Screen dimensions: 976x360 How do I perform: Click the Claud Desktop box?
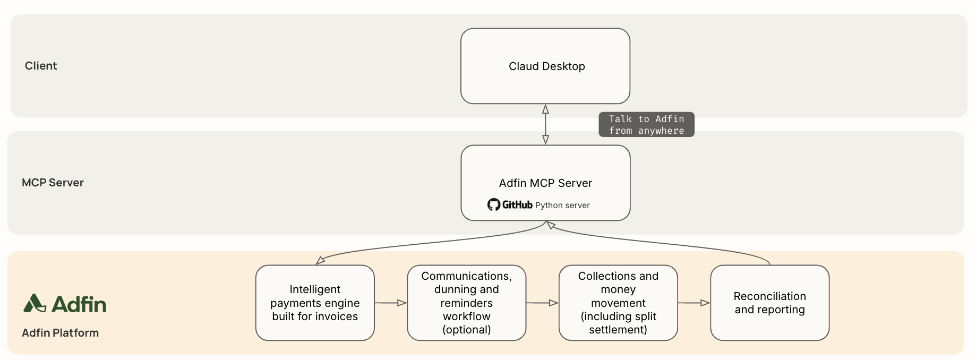point(545,66)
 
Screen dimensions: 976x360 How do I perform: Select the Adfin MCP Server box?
point(545,183)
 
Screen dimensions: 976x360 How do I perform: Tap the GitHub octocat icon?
point(494,205)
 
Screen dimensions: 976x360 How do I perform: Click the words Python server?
point(562,205)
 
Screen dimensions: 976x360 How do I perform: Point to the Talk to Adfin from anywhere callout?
point(646,125)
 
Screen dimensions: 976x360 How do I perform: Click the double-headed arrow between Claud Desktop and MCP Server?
point(545,124)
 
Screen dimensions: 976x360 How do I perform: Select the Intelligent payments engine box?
point(315,303)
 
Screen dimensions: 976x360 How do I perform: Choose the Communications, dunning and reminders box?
point(467,303)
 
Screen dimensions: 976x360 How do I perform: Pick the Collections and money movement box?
point(618,303)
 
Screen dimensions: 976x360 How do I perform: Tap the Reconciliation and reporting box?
point(770,303)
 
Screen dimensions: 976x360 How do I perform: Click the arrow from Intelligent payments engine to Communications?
point(391,303)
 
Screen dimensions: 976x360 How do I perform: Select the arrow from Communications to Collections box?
point(542,303)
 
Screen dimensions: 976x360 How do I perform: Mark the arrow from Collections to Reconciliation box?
point(694,303)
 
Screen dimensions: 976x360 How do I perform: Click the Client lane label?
point(41,66)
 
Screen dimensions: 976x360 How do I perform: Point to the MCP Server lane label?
point(53,183)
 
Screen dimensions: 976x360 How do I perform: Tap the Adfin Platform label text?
point(60,333)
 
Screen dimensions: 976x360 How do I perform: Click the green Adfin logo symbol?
point(35,303)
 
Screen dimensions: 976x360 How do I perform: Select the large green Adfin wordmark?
point(79,304)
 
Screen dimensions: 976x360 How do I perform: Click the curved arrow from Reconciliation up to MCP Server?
point(658,242)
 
